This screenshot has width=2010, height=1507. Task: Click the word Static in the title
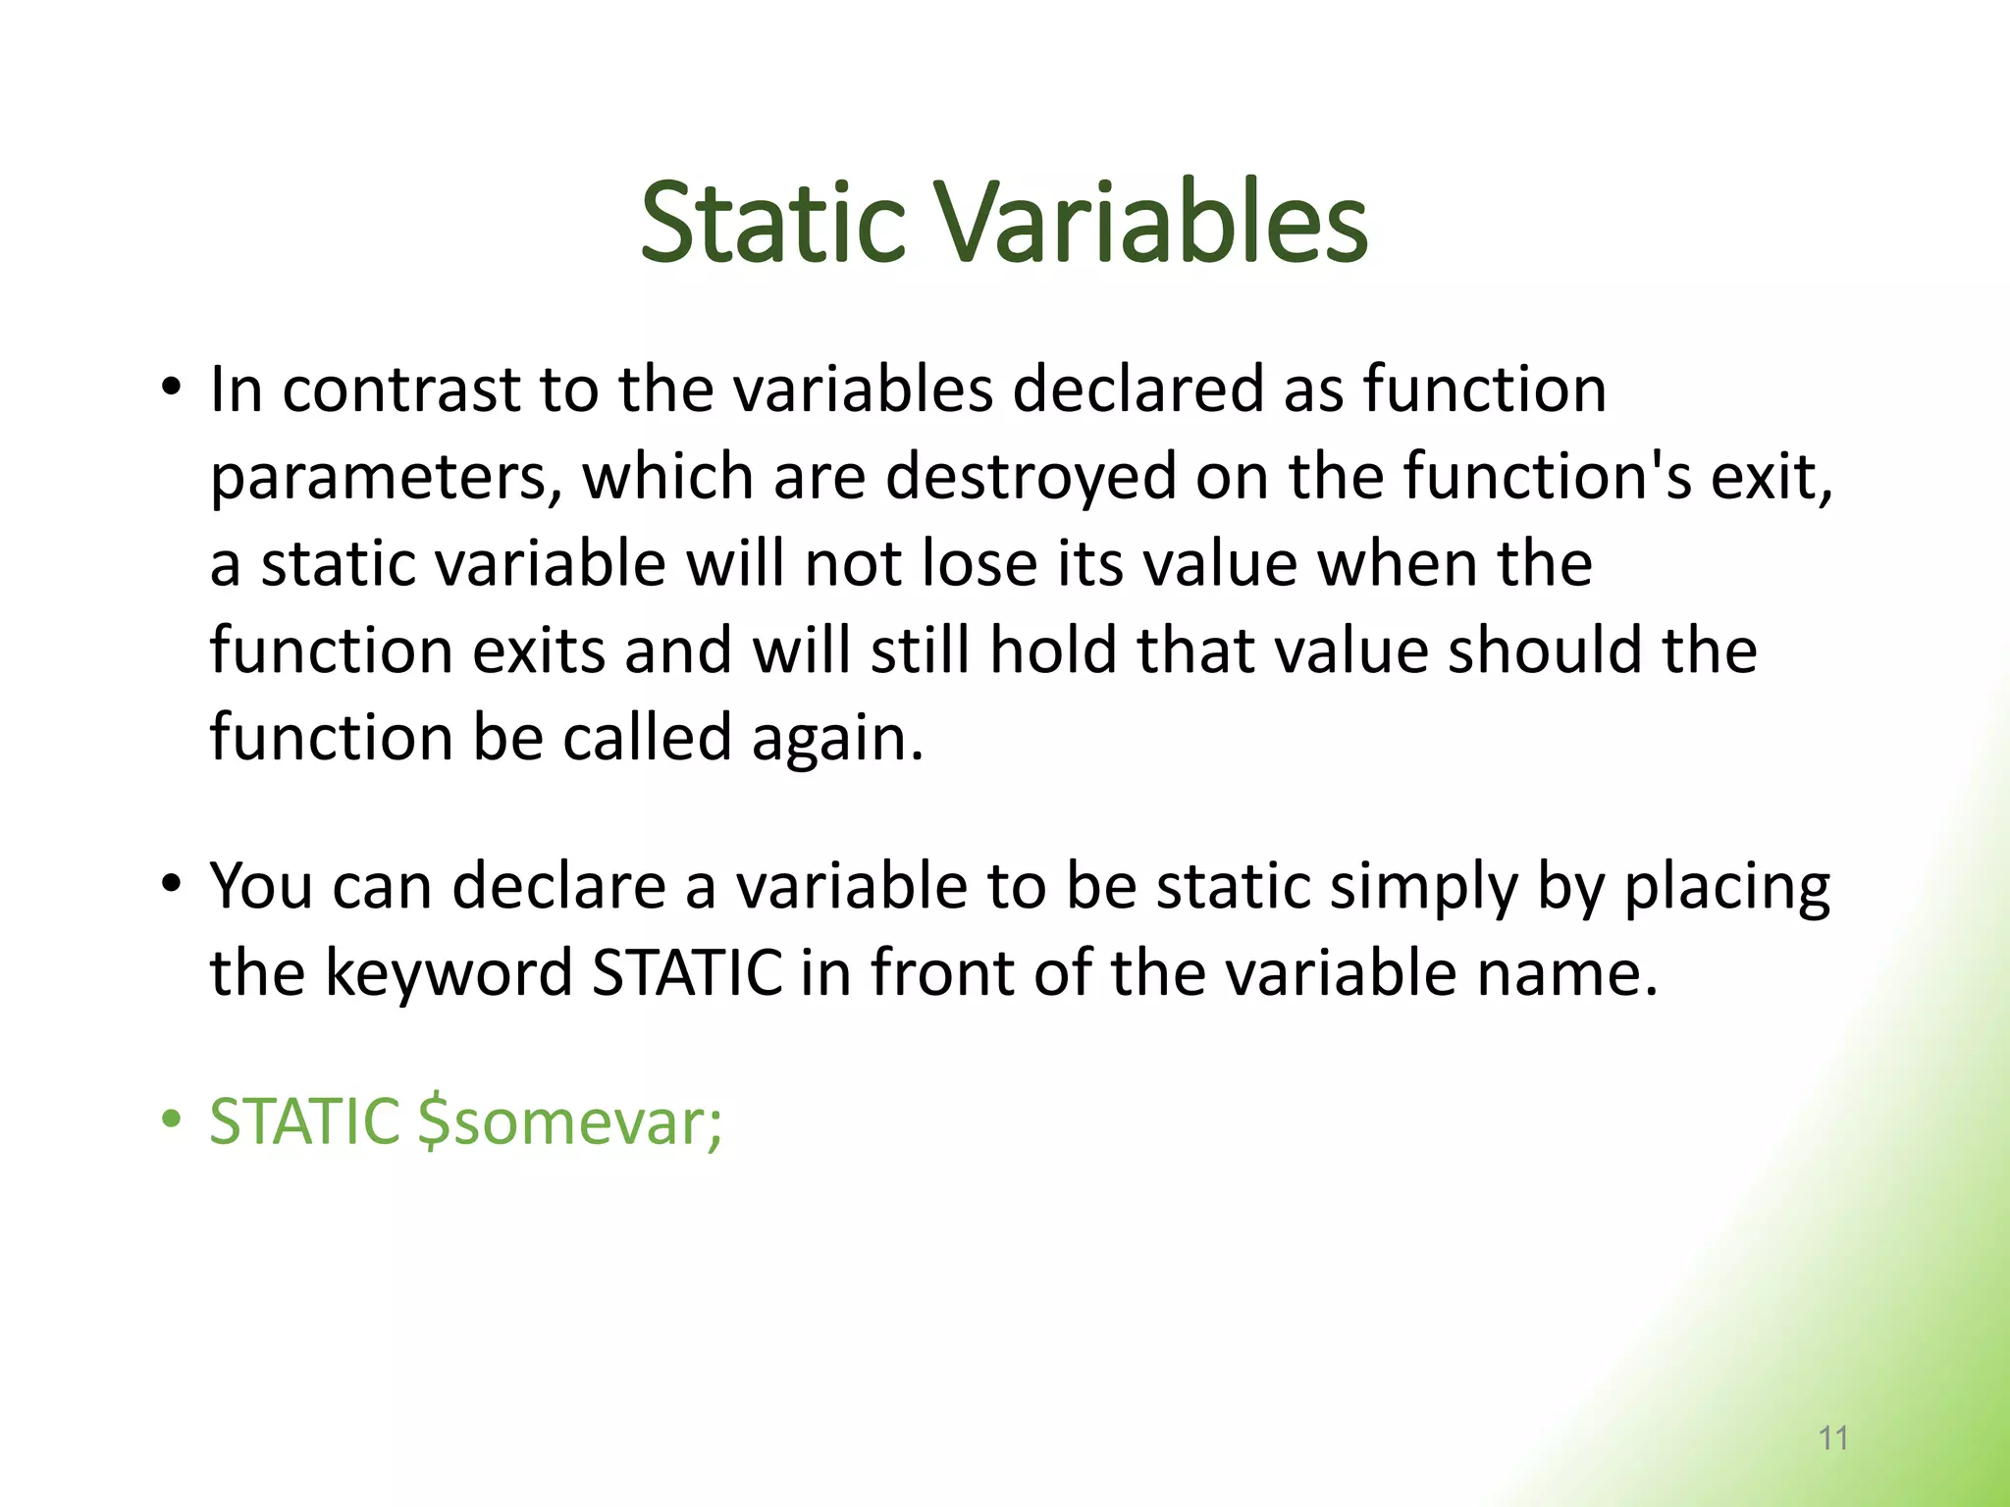tap(771, 224)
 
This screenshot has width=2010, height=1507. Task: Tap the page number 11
tap(1833, 1438)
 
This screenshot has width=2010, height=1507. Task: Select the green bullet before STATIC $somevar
tap(172, 1118)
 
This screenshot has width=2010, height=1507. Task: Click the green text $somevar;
tap(570, 1121)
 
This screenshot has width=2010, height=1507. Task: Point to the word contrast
tap(400, 390)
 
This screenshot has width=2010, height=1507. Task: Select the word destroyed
tap(1031, 477)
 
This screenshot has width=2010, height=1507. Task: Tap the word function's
tap(1547, 477)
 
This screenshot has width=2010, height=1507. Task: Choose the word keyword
tap(449, 974)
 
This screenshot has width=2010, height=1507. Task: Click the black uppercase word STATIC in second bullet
tap(688, 974)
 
